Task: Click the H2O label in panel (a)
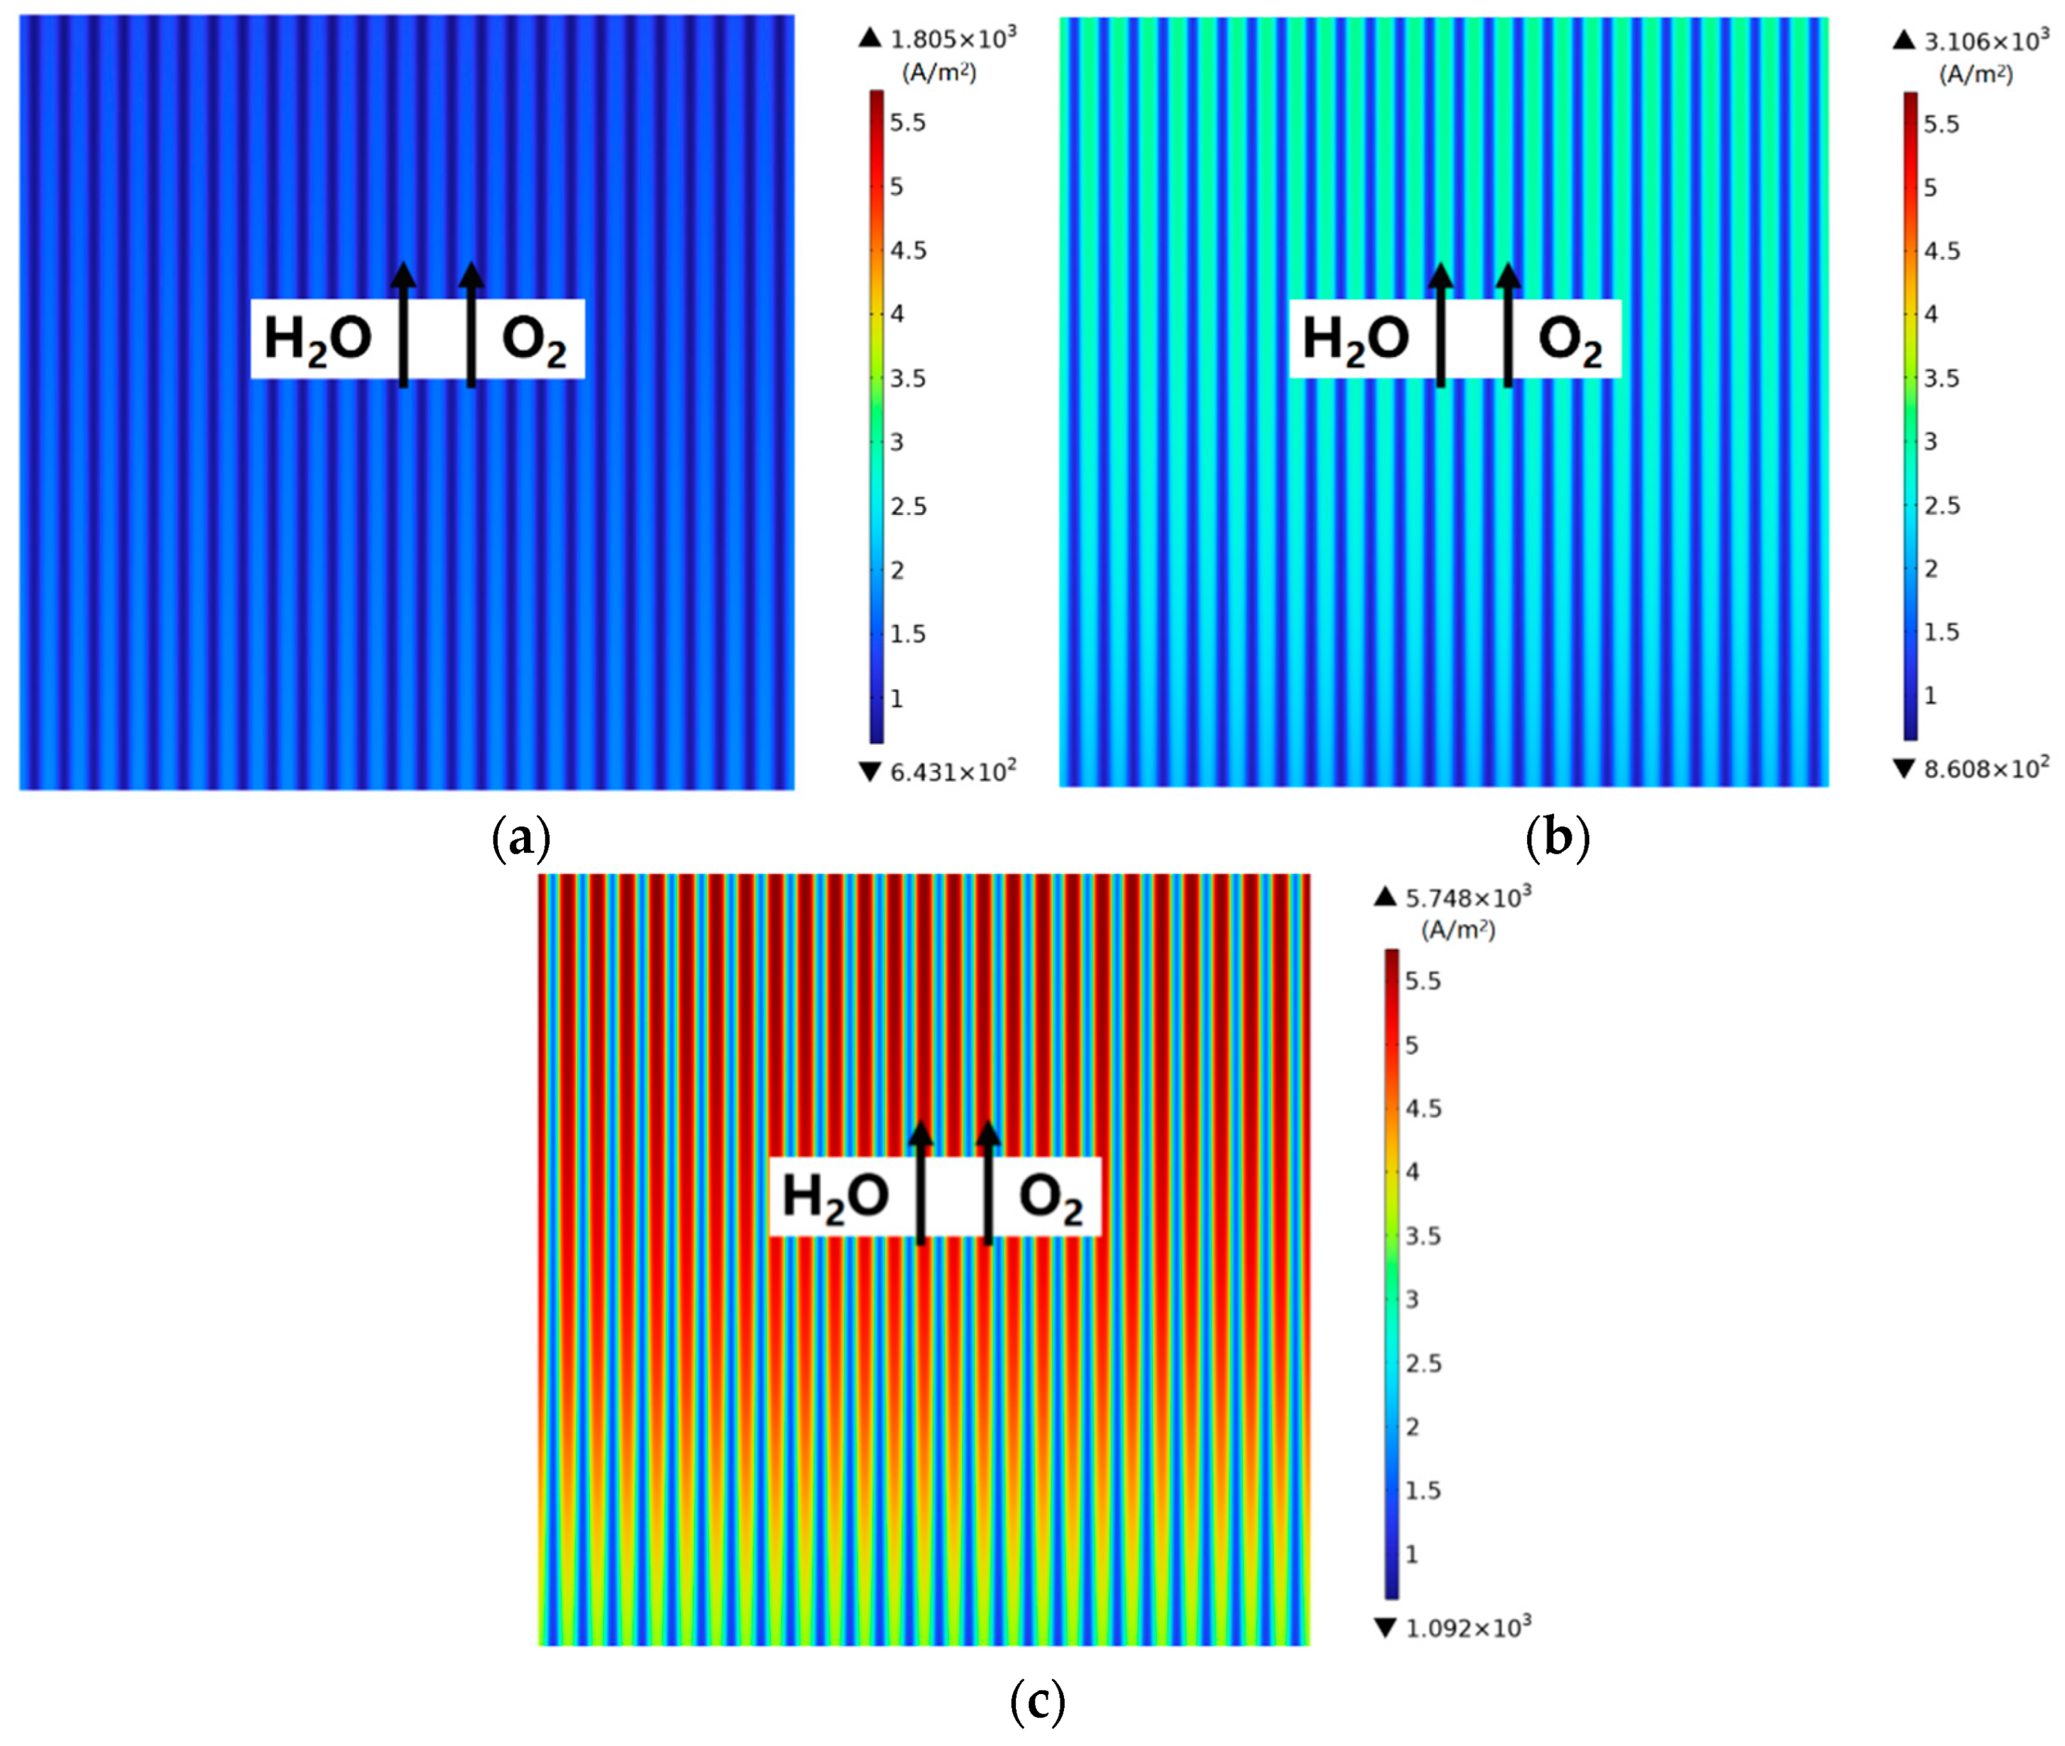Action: coord(317,339)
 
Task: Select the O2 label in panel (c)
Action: coord(1050,1198)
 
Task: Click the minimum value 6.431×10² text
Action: coord(953,772)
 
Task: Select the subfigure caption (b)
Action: coord(1557,838)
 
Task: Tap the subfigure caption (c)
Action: coord(1038,1701)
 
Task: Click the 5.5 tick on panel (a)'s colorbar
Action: coord(907,123)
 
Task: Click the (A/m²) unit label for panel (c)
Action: coord(1457,931)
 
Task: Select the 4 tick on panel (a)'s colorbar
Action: coord(897,315)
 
